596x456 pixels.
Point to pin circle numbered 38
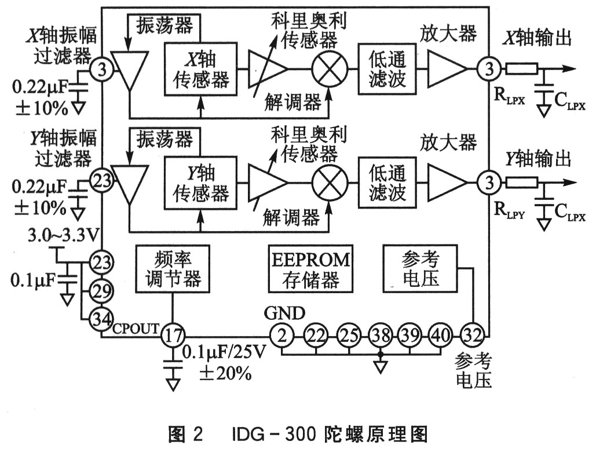(x=379, y=334)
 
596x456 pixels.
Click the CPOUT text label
(x=135, y=329)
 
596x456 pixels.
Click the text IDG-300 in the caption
(x=268, y=434)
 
